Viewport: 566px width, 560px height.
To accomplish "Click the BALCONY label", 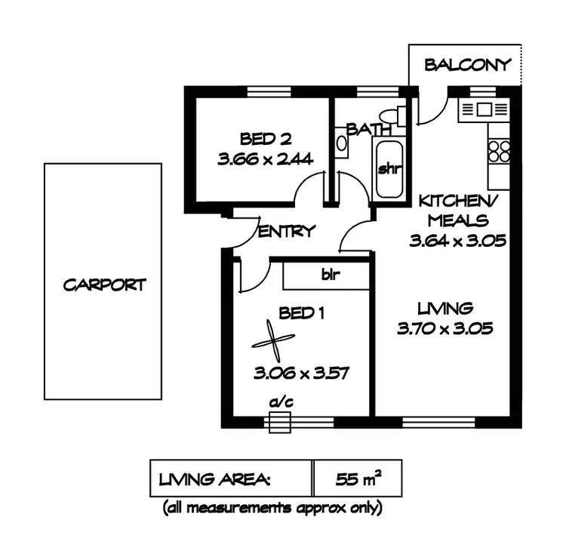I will point(467,65).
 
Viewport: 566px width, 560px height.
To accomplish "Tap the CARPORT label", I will point(103,285).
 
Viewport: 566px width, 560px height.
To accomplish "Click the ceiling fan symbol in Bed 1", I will point(271,343).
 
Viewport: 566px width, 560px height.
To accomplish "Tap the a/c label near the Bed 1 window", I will point(280,404).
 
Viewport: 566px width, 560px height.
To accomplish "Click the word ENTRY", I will point(286,232).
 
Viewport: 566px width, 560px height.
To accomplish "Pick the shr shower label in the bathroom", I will point(388,168).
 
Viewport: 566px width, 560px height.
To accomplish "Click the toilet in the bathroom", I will point(389,118).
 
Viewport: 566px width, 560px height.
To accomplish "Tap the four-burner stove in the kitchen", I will point(499,151).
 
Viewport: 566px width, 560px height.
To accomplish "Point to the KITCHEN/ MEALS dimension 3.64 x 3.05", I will point(457,242).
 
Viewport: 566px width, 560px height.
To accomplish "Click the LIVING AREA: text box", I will point(231,478).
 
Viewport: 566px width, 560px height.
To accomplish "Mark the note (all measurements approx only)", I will point(272,508).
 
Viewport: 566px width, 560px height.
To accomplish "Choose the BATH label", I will point(363,129).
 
